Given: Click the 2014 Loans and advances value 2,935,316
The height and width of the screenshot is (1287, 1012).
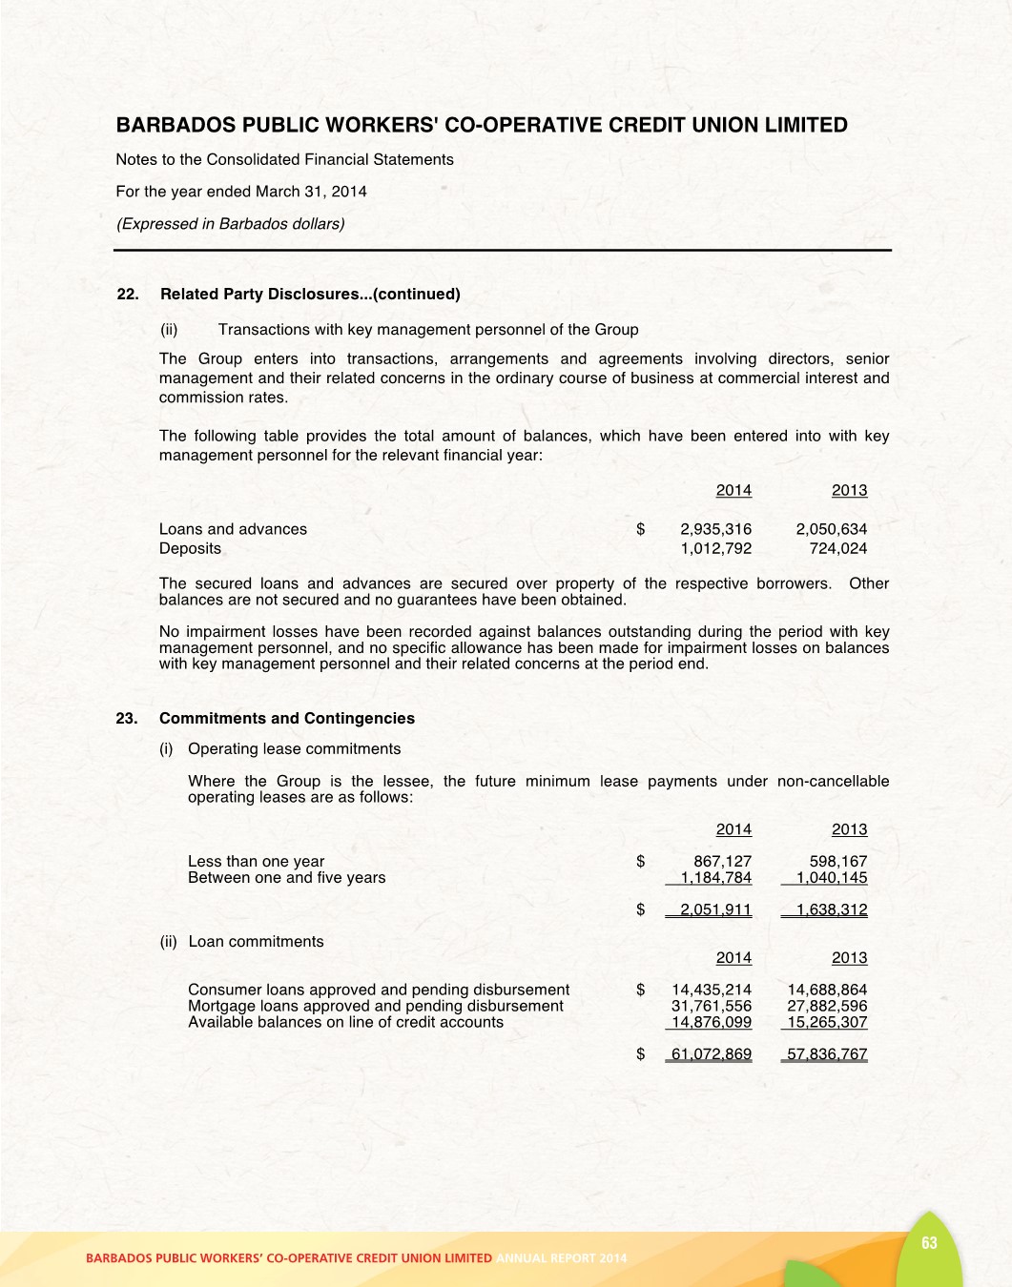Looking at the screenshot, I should [715, 529].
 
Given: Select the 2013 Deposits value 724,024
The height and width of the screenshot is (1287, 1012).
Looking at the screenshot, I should [837, 548].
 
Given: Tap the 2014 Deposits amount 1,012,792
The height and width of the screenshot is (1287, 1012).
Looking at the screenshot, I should [715, 548].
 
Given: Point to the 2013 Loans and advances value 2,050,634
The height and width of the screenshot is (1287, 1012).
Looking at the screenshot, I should [831, 529].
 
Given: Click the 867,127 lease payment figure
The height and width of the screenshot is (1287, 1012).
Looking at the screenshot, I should [722, 862].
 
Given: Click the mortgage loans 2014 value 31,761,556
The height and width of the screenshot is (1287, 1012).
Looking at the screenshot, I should [712, 1006].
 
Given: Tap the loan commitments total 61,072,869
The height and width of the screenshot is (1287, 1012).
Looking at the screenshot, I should [712, 1054].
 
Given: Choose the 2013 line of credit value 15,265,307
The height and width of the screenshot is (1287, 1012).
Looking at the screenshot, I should [827, 1022].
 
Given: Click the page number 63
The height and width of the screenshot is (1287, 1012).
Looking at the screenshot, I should [929, 1243].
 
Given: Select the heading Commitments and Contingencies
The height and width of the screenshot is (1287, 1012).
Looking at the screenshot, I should [287, 718].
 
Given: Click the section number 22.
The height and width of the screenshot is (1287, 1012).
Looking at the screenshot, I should [127, 294].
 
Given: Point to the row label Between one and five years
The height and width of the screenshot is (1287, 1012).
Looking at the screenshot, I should [287, 878].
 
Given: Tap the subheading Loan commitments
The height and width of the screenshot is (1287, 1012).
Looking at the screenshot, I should [256, 942].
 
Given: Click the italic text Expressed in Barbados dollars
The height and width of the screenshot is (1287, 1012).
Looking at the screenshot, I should [230, 224].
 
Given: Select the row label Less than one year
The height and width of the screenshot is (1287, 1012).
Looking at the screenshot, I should [256, 862].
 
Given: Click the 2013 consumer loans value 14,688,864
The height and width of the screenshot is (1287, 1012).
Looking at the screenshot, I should [827, 990].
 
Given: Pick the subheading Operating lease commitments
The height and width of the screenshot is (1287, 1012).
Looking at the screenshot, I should [294, 749].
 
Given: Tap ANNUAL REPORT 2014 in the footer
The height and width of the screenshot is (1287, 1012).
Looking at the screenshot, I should [561, 1258].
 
